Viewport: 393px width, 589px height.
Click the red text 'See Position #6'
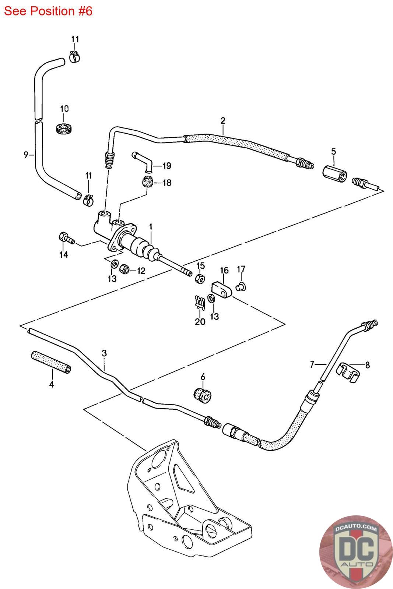pyautogui.click(x=48, y=11)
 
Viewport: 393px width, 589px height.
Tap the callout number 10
pyautogui.click(x=64, y=109)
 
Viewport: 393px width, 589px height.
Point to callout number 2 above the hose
pyautogui.click(x=223, y=120)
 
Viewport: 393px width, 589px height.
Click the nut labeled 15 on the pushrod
pyautogui.click(x=200, y=279)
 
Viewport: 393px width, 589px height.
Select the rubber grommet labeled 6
pyautogui.click(x=202, y=395)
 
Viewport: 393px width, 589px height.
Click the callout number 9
pyautogui.click(x=26, y=155)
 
